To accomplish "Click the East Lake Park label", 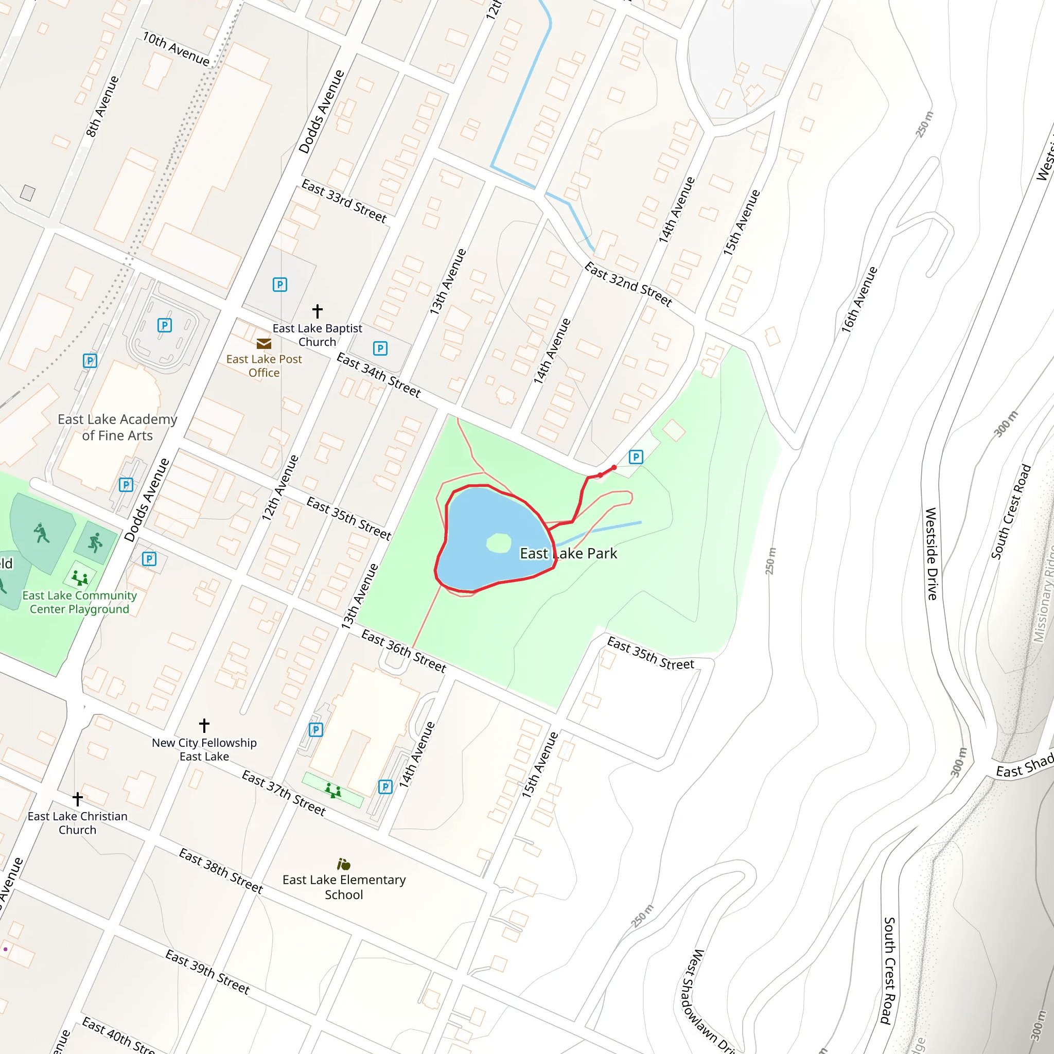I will pyautogui.click(x=568, y=553).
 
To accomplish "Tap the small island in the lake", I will pyautogui.click(x=498, y=543).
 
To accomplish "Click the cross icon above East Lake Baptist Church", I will pyautogui.click(x=318, y=311).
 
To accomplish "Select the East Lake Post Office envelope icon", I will pyautogui.click(x=264, y=343).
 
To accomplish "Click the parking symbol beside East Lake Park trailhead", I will pyautogui.click(x=636, y=456).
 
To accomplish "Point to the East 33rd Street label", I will pyautogui.click(x=344, y=201).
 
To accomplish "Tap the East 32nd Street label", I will pyautogui.click(x=628, y=284).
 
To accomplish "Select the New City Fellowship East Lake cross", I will pyautogui.click(x=204, y=725).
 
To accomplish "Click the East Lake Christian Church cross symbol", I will pyautogui.click(x=78, y=799).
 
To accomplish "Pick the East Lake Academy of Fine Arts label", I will pyautogui.click(x=117, y=427).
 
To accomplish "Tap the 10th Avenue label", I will pyautogui.click(x=175, y=49).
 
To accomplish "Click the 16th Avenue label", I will pyautogui.click(x=859, y=300).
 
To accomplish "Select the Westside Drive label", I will pyautogui.click(x=931, y=554).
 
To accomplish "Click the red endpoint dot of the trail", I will pyautogui.click(x=614, y=467).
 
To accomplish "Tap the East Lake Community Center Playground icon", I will pyautogui.click(x=80, y=577).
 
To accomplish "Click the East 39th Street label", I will pyautogui.click(x=207, y=972).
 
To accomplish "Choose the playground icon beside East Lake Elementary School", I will pyautogui.click(x=333, y=789).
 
